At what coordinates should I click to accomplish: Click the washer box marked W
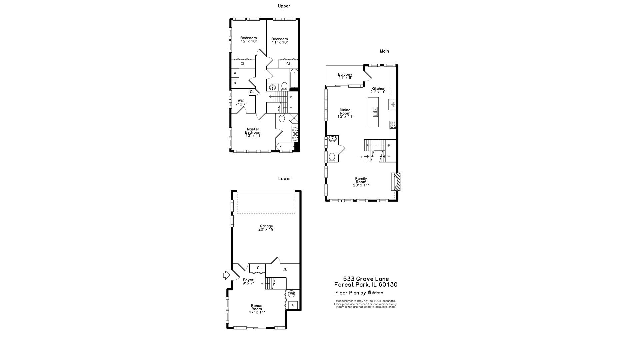point(235,73)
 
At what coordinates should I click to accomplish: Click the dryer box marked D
point(235,83)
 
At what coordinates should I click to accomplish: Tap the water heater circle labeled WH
point(292,294)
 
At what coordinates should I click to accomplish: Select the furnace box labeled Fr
point(293,305)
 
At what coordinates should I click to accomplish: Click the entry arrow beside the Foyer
point(227,275)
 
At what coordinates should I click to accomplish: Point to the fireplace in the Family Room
point(396,182)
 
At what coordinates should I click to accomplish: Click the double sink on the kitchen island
point(375,112)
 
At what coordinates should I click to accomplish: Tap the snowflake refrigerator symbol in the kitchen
point(392,105)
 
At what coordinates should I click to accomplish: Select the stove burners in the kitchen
point(393,125)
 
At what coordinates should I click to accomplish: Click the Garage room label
point(266,228)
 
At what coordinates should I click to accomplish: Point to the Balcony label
point(345,76)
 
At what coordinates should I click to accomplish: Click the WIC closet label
point(241,102)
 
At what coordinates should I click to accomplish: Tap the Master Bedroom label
point(253,132)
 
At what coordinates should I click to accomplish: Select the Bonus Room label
point(257,309)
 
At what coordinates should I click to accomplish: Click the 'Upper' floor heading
point(284,6)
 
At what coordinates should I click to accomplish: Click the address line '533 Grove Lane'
point(366,279)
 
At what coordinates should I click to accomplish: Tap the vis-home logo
point(375,293)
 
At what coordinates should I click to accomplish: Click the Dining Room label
point(345,113)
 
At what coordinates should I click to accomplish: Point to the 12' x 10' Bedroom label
point(249,40)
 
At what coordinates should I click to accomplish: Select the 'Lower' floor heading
point(285,179)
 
